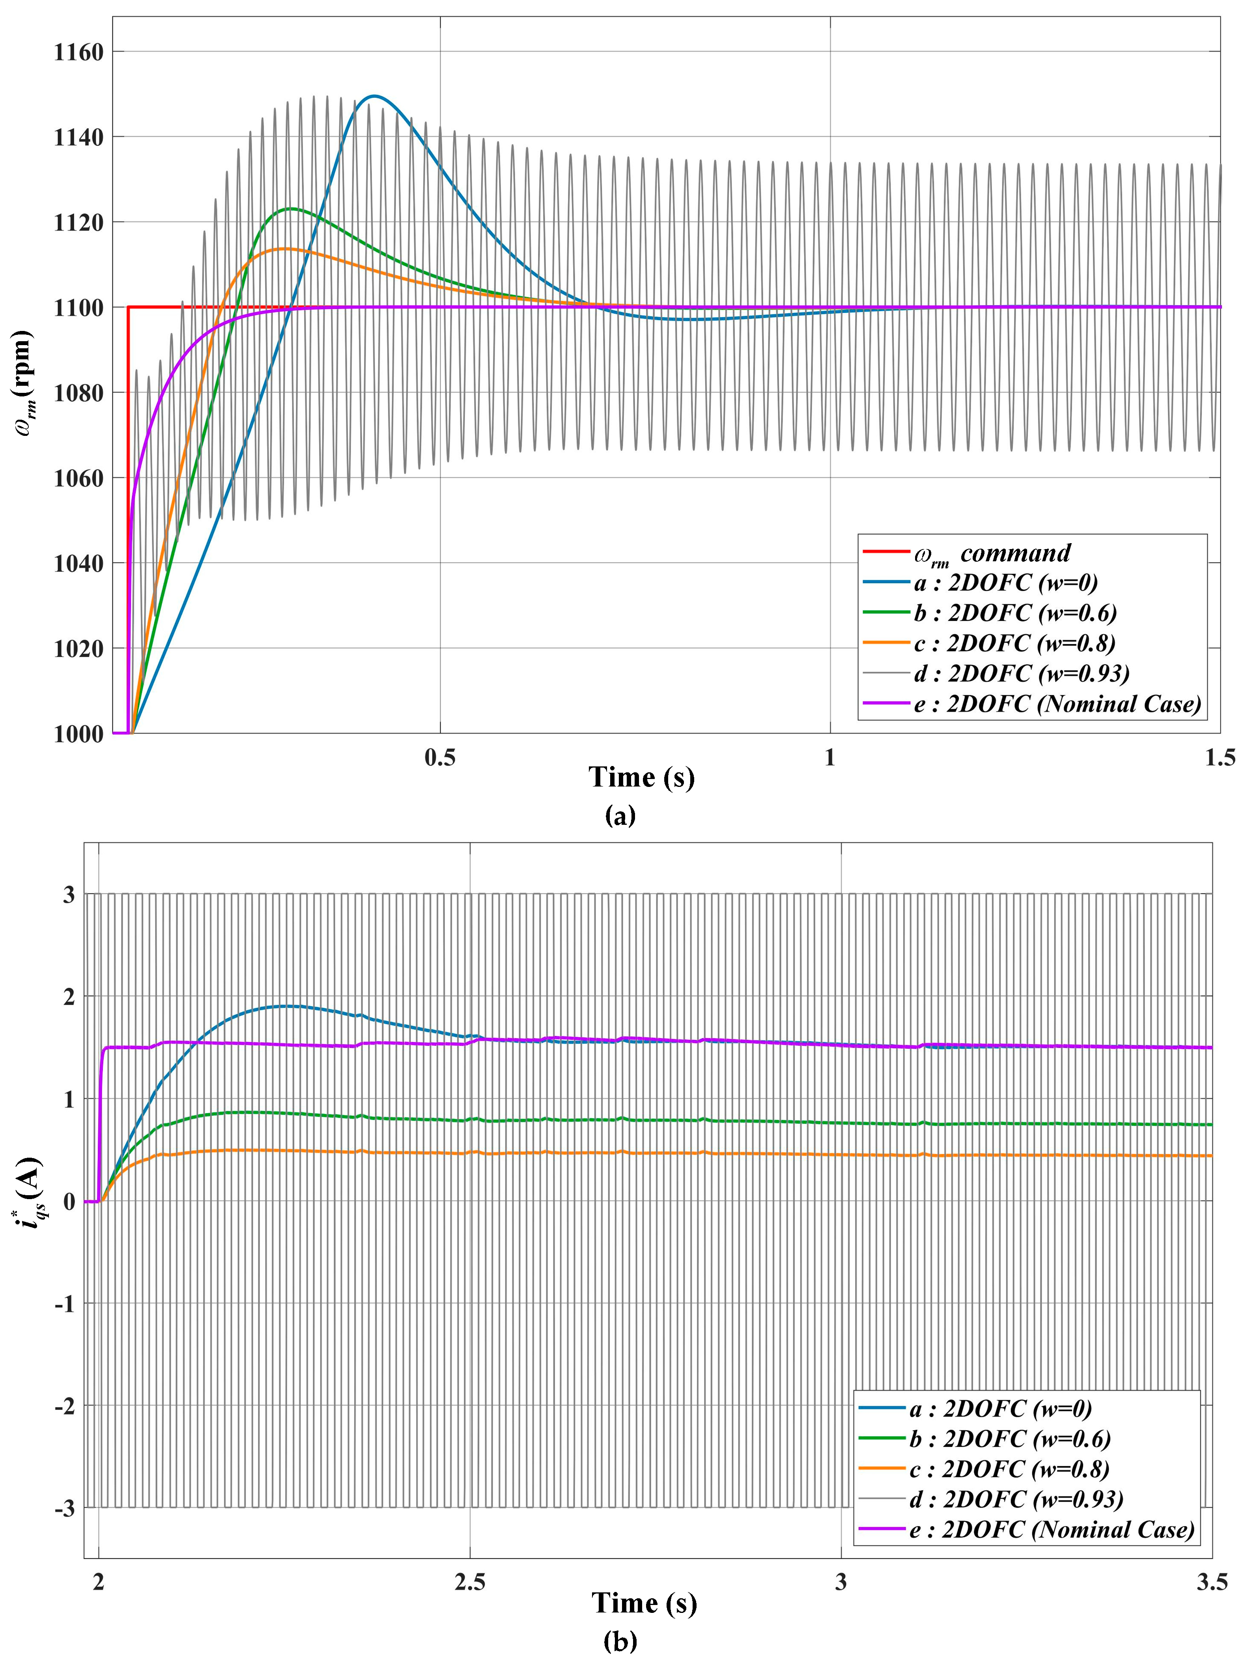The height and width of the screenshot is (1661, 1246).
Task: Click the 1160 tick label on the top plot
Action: click(x=78, y=52)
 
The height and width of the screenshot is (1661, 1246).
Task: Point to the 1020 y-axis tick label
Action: click(x=78, y=649)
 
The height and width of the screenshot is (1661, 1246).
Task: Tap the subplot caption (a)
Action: click(x=620, y=815)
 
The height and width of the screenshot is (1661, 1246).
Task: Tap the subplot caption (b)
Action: click(x=620, y=1642)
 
